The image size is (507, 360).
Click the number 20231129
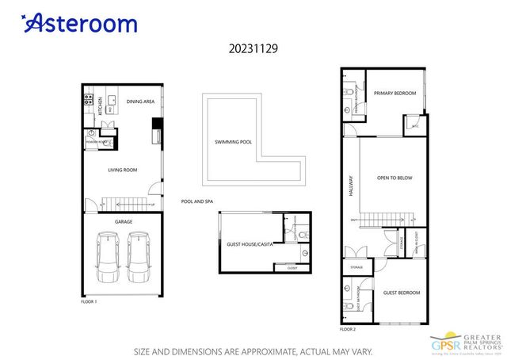click(253, 48)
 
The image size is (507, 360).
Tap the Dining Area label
click(139, 101)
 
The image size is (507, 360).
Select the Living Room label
click(123, 169)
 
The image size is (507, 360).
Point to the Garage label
click(124, 221)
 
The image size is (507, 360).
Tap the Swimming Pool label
click(233, 143)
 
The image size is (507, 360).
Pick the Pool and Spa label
click(197, 201)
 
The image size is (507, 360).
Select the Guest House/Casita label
click(250, 245)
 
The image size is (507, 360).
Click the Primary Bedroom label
click(395, 94)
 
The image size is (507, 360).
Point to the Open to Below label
click(395, 178)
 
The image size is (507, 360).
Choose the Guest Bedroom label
click(402, 293)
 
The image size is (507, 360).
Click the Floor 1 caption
click(89, 302)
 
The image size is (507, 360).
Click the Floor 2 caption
click(348, 328)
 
